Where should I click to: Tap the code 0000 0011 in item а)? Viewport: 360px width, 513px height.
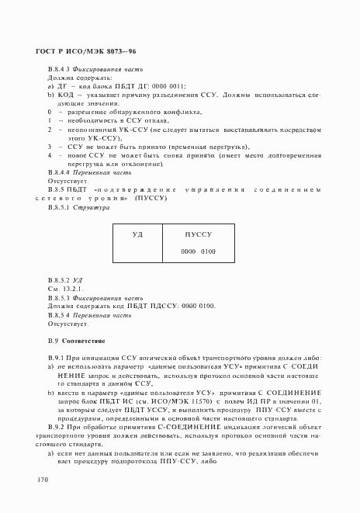168,86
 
